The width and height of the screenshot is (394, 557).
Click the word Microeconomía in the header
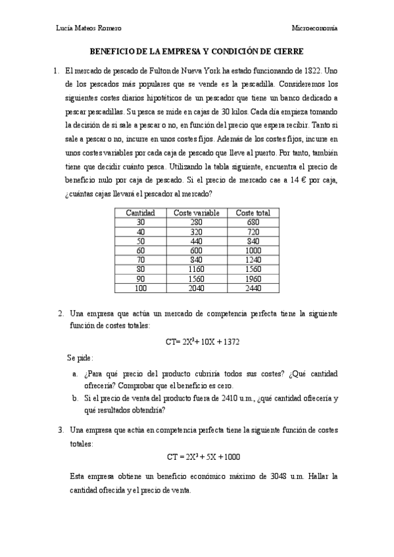314,28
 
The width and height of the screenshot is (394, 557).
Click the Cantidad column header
140,213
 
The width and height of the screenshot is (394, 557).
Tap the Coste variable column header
196,213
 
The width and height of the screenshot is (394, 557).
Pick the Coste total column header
253,213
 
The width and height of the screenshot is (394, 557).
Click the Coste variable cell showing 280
196,222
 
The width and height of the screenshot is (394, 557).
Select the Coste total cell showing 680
253,222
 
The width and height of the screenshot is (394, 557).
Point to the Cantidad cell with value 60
140,250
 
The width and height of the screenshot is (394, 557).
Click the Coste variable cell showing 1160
196,269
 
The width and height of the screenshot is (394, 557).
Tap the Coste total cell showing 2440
253,288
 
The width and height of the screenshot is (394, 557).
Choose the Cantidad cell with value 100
140,288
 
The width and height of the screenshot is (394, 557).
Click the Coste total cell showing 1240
253,259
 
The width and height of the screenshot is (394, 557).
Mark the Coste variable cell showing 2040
196,288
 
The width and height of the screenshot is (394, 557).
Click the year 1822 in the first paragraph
313,70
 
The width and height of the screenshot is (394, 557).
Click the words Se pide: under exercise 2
80,358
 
